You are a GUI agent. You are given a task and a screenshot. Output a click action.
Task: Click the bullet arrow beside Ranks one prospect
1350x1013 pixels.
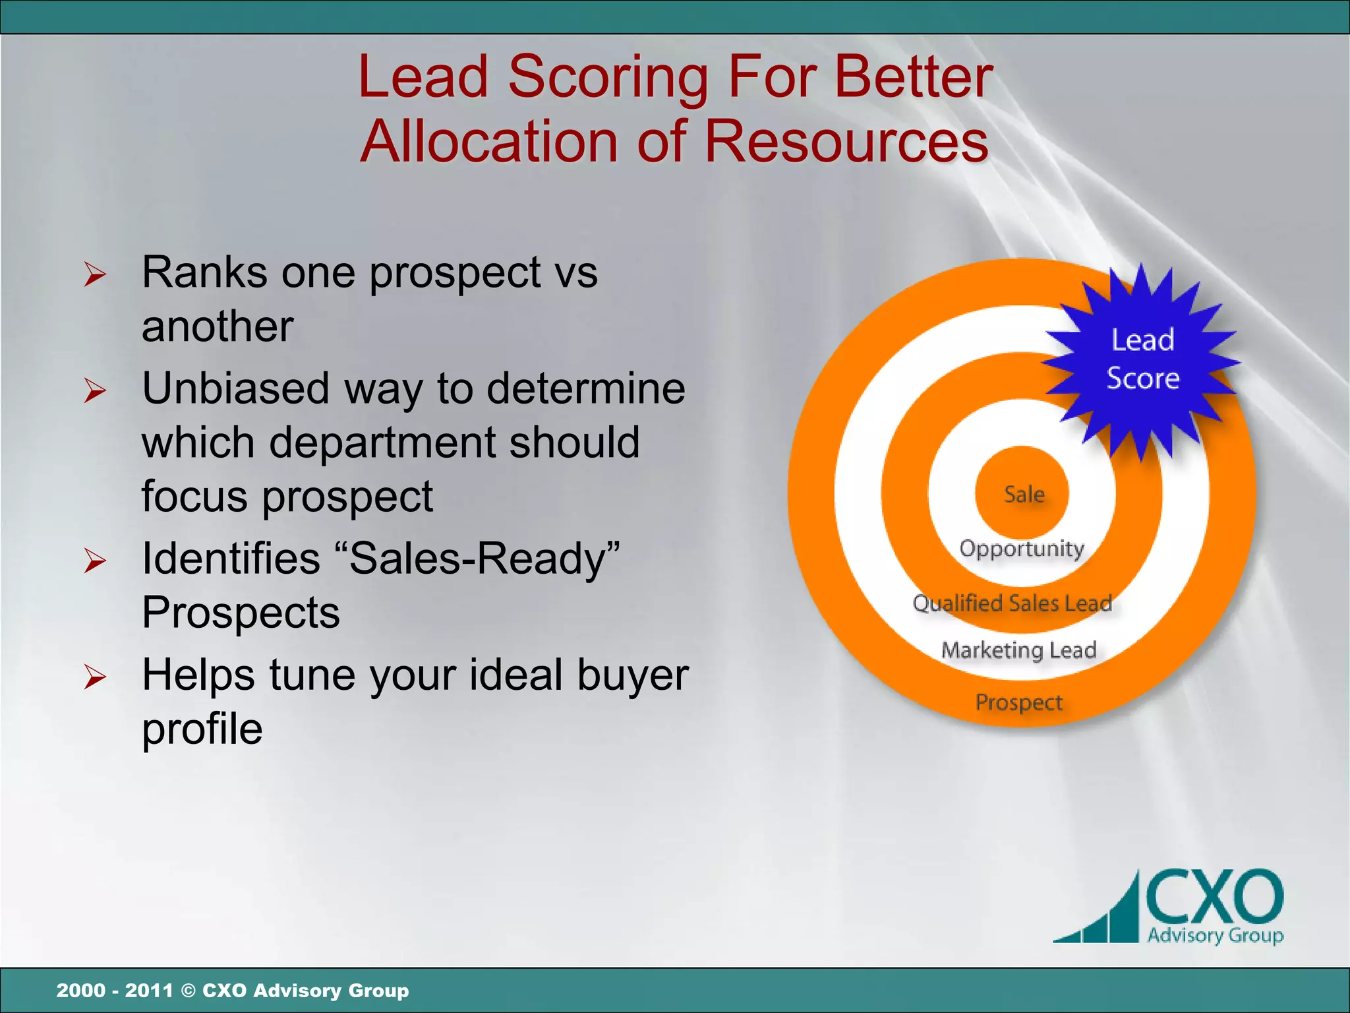95,274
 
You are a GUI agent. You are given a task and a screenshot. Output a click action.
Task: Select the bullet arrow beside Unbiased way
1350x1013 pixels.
95,390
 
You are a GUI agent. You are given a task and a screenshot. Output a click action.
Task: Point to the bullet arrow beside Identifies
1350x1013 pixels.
95,560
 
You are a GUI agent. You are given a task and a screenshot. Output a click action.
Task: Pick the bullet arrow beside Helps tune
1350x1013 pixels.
95,677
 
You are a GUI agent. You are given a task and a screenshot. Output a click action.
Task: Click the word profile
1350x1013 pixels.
202,729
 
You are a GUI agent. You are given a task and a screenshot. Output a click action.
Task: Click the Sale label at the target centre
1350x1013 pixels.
1024,494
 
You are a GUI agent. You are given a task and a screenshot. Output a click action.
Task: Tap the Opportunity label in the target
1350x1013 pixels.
1021,549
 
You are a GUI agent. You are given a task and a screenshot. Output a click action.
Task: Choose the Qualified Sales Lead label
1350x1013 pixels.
1012,603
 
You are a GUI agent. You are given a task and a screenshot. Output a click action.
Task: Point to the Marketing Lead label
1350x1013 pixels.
1018,650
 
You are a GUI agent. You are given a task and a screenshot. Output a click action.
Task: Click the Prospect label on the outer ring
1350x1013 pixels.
1018,702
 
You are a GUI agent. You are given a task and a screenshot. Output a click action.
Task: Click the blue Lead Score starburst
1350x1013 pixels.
1142,360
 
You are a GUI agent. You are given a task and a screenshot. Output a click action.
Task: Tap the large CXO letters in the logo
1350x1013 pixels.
1214,897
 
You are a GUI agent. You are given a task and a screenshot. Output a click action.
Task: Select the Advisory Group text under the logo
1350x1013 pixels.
1215,935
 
